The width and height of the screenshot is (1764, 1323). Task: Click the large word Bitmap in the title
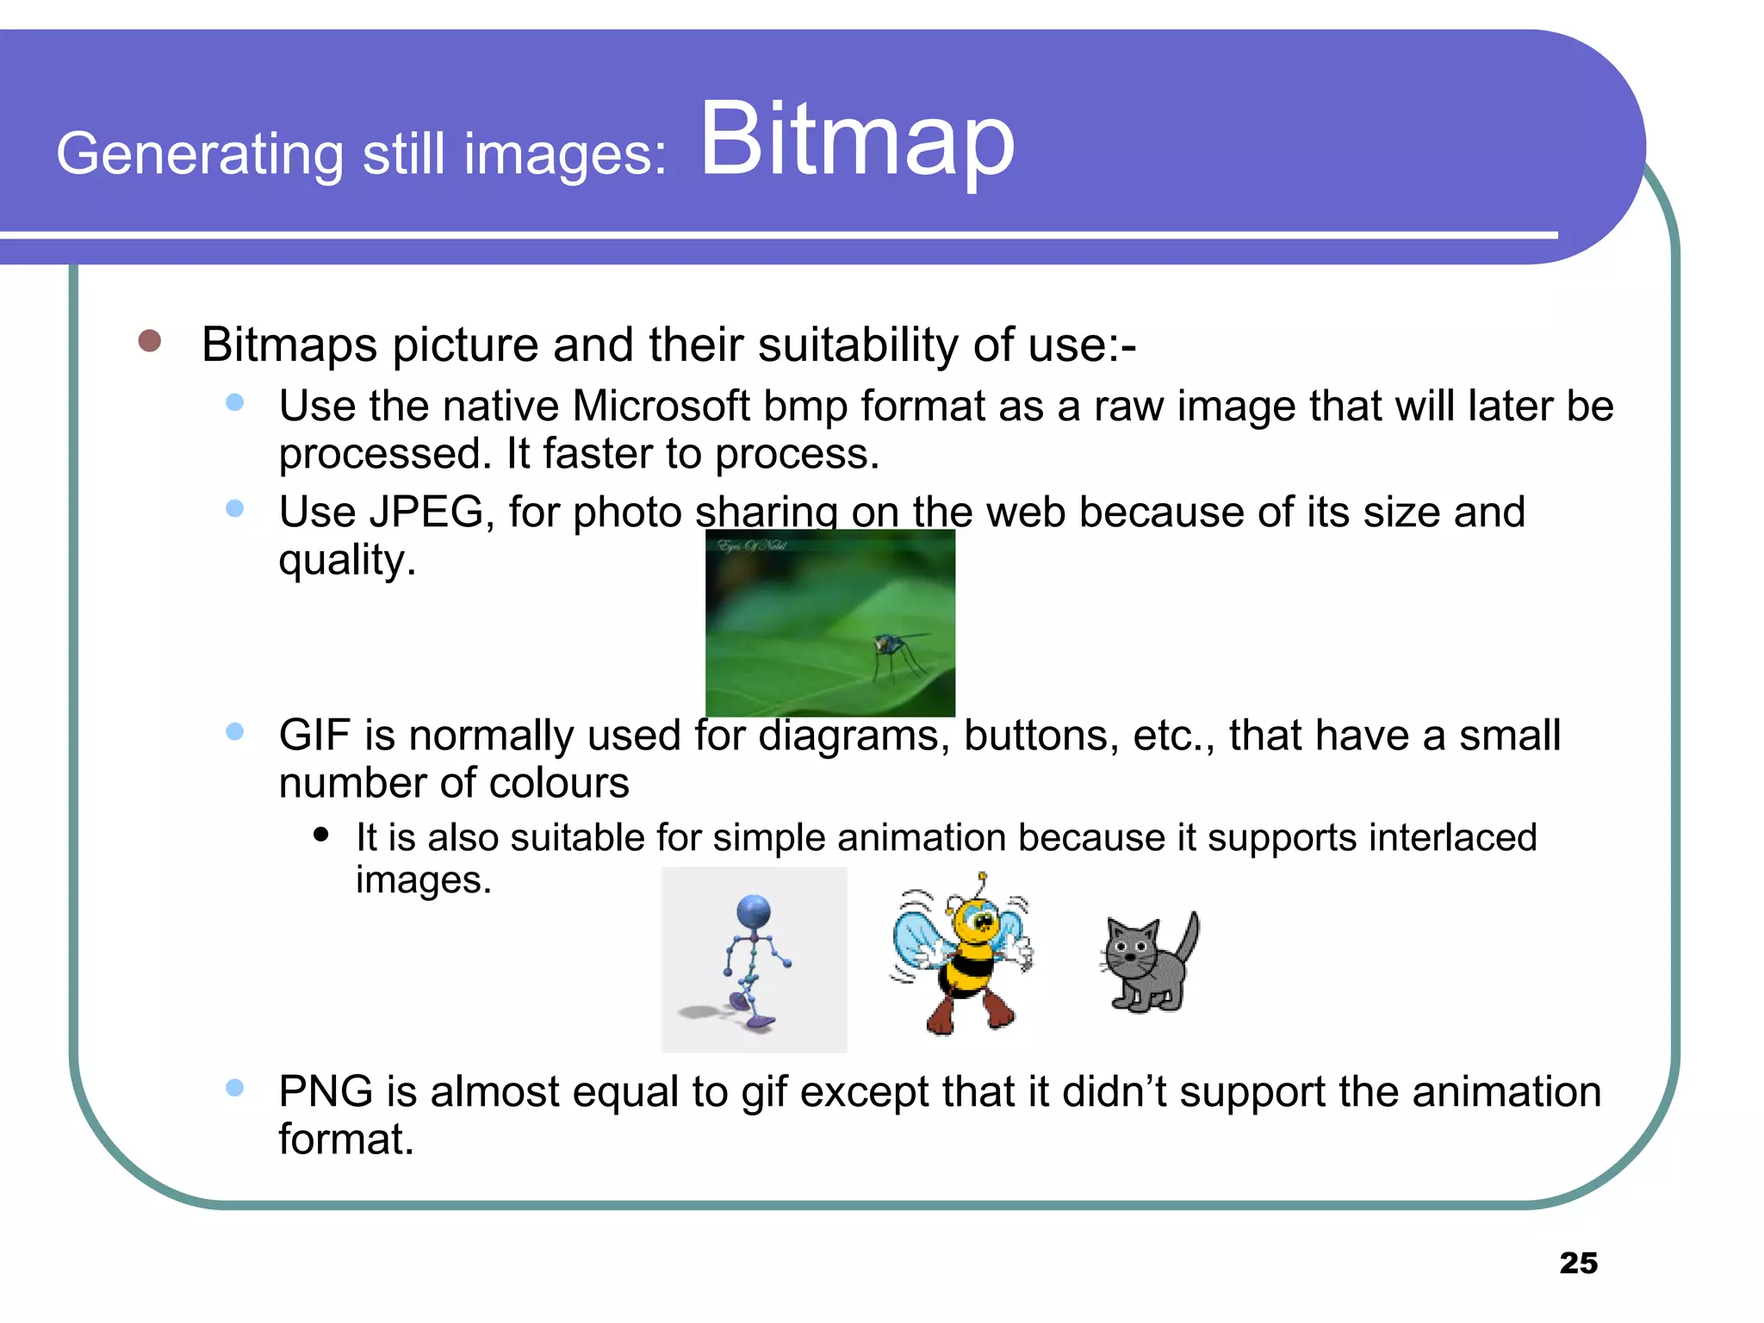[857, 140]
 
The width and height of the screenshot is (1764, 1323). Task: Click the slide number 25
[1578, 1263]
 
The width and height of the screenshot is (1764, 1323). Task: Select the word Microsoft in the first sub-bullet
[661, 406]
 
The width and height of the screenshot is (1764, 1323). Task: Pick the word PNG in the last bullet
[325, 1091]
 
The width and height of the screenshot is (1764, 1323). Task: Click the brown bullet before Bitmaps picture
[150, 341]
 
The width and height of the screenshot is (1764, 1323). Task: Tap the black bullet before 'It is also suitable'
[321, 834]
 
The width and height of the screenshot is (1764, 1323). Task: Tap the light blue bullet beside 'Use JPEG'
[234, 509]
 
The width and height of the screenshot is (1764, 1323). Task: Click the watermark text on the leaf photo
[752, 545]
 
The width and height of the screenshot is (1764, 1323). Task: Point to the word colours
[559, 784]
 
